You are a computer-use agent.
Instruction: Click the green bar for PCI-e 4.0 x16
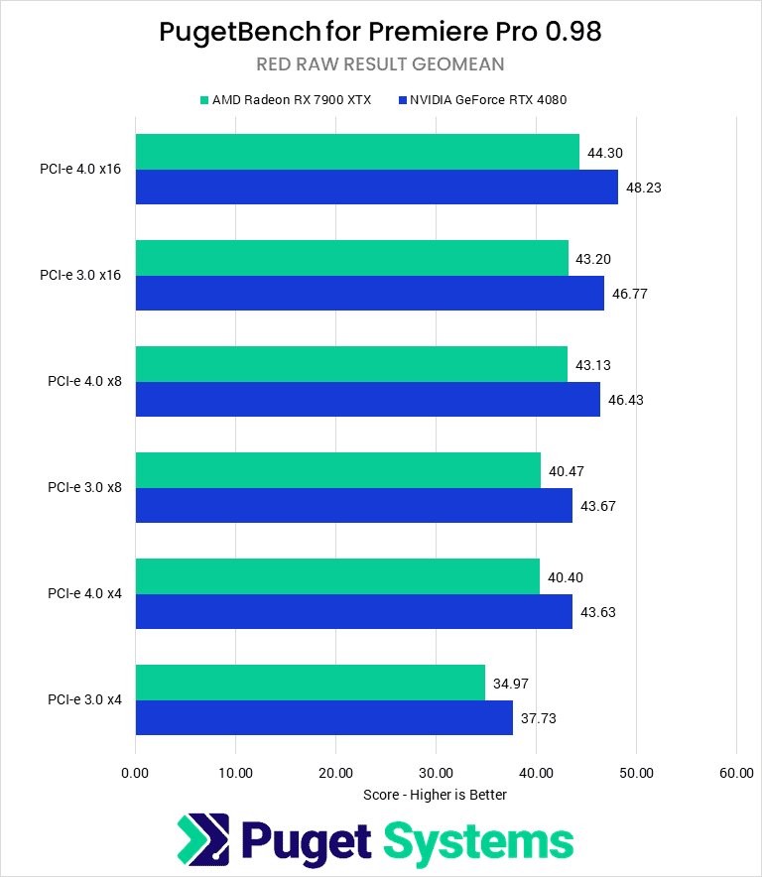(x=357, y=152)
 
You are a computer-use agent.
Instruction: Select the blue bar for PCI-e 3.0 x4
(x=323, y=717)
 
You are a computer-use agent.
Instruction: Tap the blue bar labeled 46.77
(x=369, y=294)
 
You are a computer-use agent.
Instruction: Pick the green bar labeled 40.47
(x=337, y=470)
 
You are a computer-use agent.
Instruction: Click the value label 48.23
(x=646, y=188)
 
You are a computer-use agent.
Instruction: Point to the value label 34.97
(x=513, y=683)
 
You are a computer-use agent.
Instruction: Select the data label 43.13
(x=595, y=365)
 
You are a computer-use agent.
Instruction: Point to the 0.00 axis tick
(x=135, y=773)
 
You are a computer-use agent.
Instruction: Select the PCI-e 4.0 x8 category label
(x=84, y=382)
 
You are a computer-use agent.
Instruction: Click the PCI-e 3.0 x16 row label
(x=81, y=275)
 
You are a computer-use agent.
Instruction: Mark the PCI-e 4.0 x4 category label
(x=84, y=593)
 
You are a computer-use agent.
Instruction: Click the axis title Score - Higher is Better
(x=436, y=794)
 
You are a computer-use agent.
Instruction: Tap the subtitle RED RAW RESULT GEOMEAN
(x=381, y=64)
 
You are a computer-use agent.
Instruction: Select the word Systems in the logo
(x=478, y=841)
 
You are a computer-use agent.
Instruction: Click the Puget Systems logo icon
(x=203, y=840)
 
